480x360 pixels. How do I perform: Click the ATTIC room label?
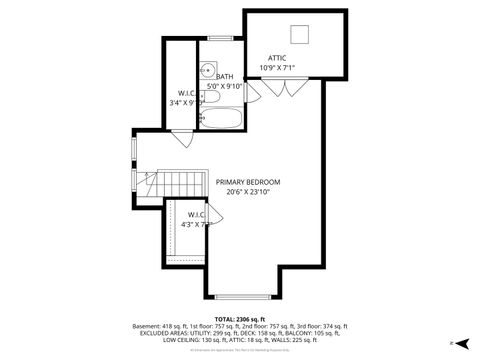point(277,58)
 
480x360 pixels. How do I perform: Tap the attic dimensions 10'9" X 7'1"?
point(277,68)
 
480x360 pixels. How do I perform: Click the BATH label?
point(224,76)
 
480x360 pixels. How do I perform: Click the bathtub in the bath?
point(218,119)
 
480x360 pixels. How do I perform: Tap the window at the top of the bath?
point(219,39)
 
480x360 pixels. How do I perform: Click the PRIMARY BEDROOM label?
point(248,182)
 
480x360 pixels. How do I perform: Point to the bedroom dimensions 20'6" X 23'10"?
point(248,192)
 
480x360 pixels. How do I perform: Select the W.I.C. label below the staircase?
point(196,214)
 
